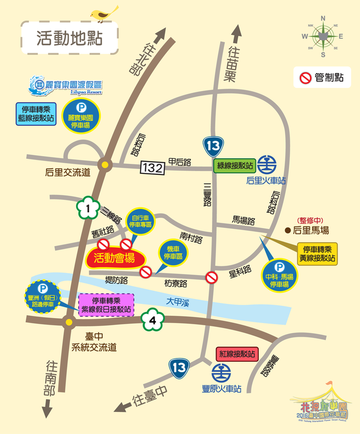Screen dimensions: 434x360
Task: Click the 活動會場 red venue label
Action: tap(114, 258)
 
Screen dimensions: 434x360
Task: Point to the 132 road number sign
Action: tap(152, 167)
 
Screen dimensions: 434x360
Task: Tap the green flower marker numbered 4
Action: tap(153, 321)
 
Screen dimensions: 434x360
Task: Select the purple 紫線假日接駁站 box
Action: tap(107, 305)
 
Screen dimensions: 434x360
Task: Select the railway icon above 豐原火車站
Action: tap(220, 373)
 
